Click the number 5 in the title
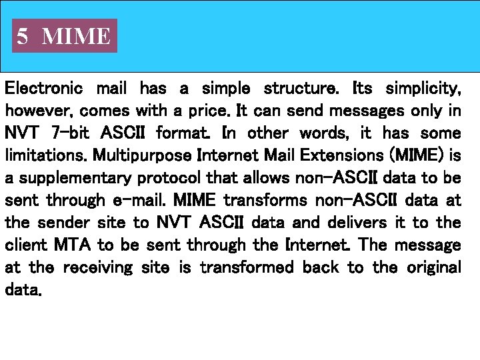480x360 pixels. [23, 36]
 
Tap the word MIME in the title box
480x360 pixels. [76, 36]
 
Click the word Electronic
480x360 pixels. [44, 88]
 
